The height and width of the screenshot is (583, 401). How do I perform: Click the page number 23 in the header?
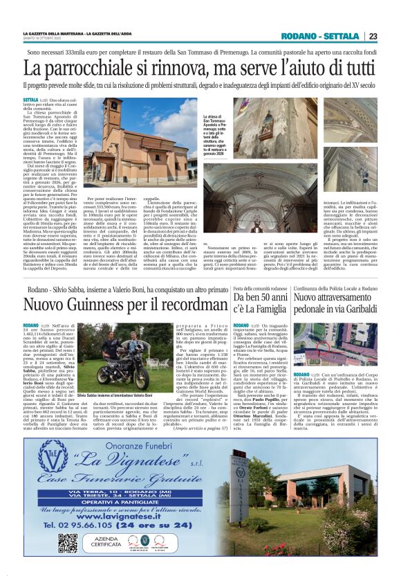(x=372, y=36)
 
